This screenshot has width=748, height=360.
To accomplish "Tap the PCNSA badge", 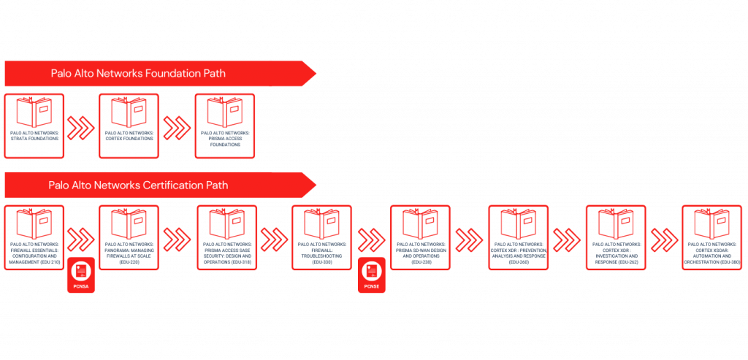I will tap(81, 275).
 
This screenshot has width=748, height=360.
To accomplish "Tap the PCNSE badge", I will tap(371, 275).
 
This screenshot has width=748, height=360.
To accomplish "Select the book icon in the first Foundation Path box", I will tap(34, 113).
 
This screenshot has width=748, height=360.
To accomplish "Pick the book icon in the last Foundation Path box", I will tap(224, 113).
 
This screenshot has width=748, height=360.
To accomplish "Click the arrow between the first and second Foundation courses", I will tap(80, 127).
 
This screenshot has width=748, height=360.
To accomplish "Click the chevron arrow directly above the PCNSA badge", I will tap(80, 238).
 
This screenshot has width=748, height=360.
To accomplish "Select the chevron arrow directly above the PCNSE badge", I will tap(371, 238).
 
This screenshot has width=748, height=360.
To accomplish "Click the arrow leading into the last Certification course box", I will tap(664, 238).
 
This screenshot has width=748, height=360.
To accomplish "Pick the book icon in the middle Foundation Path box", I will tap(129, 113).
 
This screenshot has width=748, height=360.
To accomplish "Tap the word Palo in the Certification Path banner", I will tap(61, 185).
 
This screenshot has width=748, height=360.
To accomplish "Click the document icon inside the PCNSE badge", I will tap(371, 270).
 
